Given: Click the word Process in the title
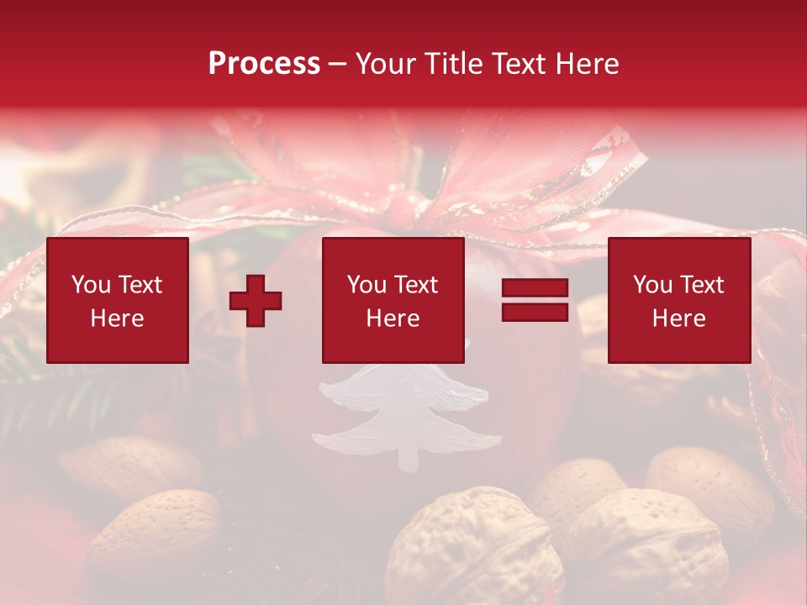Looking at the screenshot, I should (264, 64).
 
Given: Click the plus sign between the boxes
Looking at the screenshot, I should (256, 301).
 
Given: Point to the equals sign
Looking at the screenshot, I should (535, 300).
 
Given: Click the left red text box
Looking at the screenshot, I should (118, 300).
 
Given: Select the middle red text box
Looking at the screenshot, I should (393, 300).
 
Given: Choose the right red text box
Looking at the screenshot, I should (678, 300).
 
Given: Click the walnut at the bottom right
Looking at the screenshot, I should (647, 546).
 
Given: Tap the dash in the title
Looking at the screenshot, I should (337, 64).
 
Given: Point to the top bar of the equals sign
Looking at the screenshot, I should (535, 289).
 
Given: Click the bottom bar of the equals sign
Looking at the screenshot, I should (535, 312).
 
